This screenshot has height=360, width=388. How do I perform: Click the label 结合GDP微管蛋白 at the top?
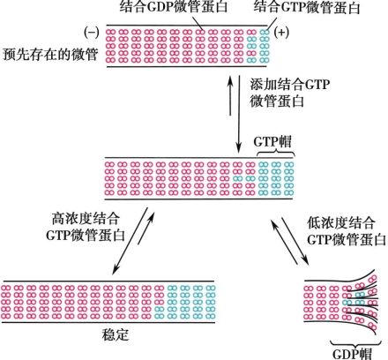coord(172,8)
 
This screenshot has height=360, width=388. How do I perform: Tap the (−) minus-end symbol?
coord(90,32)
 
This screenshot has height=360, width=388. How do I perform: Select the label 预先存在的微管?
coord(46,52)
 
